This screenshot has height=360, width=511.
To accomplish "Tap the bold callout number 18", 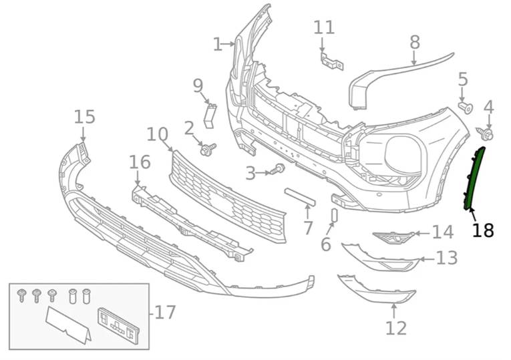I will click(x=482, y=231).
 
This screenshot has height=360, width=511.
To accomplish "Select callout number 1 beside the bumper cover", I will click(x=217, y=45).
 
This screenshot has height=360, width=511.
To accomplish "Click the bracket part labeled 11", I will click(x=331, y=62).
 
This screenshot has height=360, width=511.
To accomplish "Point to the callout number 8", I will click(x=415, y=42).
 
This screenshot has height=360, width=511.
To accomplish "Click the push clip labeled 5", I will click(x=466, y=106).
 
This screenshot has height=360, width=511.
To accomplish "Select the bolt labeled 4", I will click(x=485, y=134).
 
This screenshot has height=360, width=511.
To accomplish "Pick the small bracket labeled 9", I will click(x=210, y=114).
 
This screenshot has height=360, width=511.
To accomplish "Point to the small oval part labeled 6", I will click(x=334, y=216).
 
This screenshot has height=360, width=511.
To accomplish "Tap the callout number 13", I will click(x=447, y=258).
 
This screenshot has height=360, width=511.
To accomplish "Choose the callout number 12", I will click(x=395, y=328).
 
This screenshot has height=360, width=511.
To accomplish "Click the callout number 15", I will click(x=85, y=117).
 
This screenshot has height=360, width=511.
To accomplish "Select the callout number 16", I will click(x=140, y=162).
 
